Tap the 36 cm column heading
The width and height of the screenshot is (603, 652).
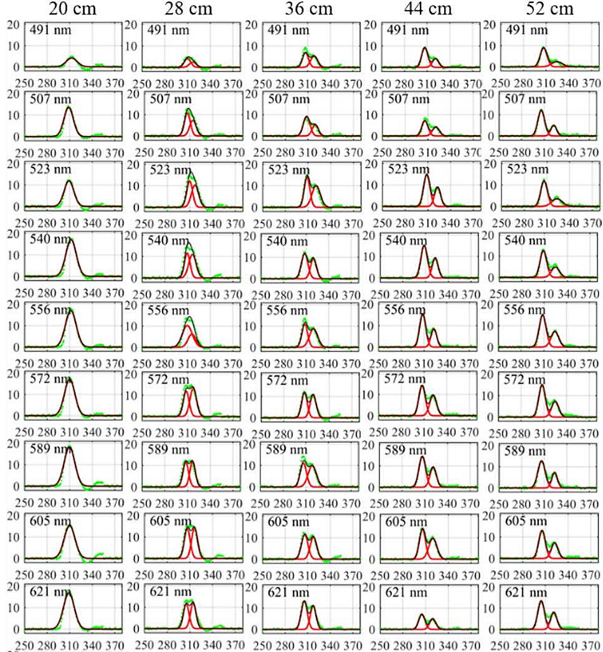point(311,9)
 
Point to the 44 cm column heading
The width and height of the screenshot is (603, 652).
point(428,9)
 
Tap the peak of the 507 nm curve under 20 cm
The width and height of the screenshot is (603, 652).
point(68,108)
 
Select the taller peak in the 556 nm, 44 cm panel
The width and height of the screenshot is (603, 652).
point(422,314)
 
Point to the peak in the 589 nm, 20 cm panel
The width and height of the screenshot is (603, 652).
point(69,448)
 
